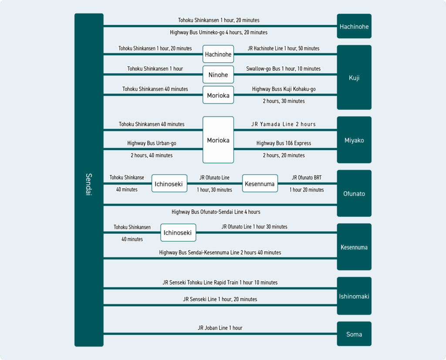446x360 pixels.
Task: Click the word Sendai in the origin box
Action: point(89,184)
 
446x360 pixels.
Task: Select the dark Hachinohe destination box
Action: point(354,26)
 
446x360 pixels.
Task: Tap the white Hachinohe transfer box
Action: point(218,54)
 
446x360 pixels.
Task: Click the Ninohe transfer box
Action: point(218,74)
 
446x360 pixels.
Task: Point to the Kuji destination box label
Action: point(354,77)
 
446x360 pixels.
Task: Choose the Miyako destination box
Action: point(354,140)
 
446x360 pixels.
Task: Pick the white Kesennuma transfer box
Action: point(260,183)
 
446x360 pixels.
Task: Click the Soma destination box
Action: point(354,334)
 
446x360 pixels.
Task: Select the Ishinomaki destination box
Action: point(354,296)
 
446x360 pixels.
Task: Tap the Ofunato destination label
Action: point(354,194)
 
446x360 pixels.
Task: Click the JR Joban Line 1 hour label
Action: point(220,328)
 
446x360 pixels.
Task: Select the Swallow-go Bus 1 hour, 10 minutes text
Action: point(283,68)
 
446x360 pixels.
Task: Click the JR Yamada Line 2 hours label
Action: point(283,124)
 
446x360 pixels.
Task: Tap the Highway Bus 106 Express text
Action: point(284,143)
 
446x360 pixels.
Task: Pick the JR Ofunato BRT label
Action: point(307,178)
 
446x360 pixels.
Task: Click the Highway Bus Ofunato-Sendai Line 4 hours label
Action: point(216,212)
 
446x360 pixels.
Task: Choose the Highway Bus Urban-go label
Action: point(152,143)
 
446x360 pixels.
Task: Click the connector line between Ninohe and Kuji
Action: point(285,74)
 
